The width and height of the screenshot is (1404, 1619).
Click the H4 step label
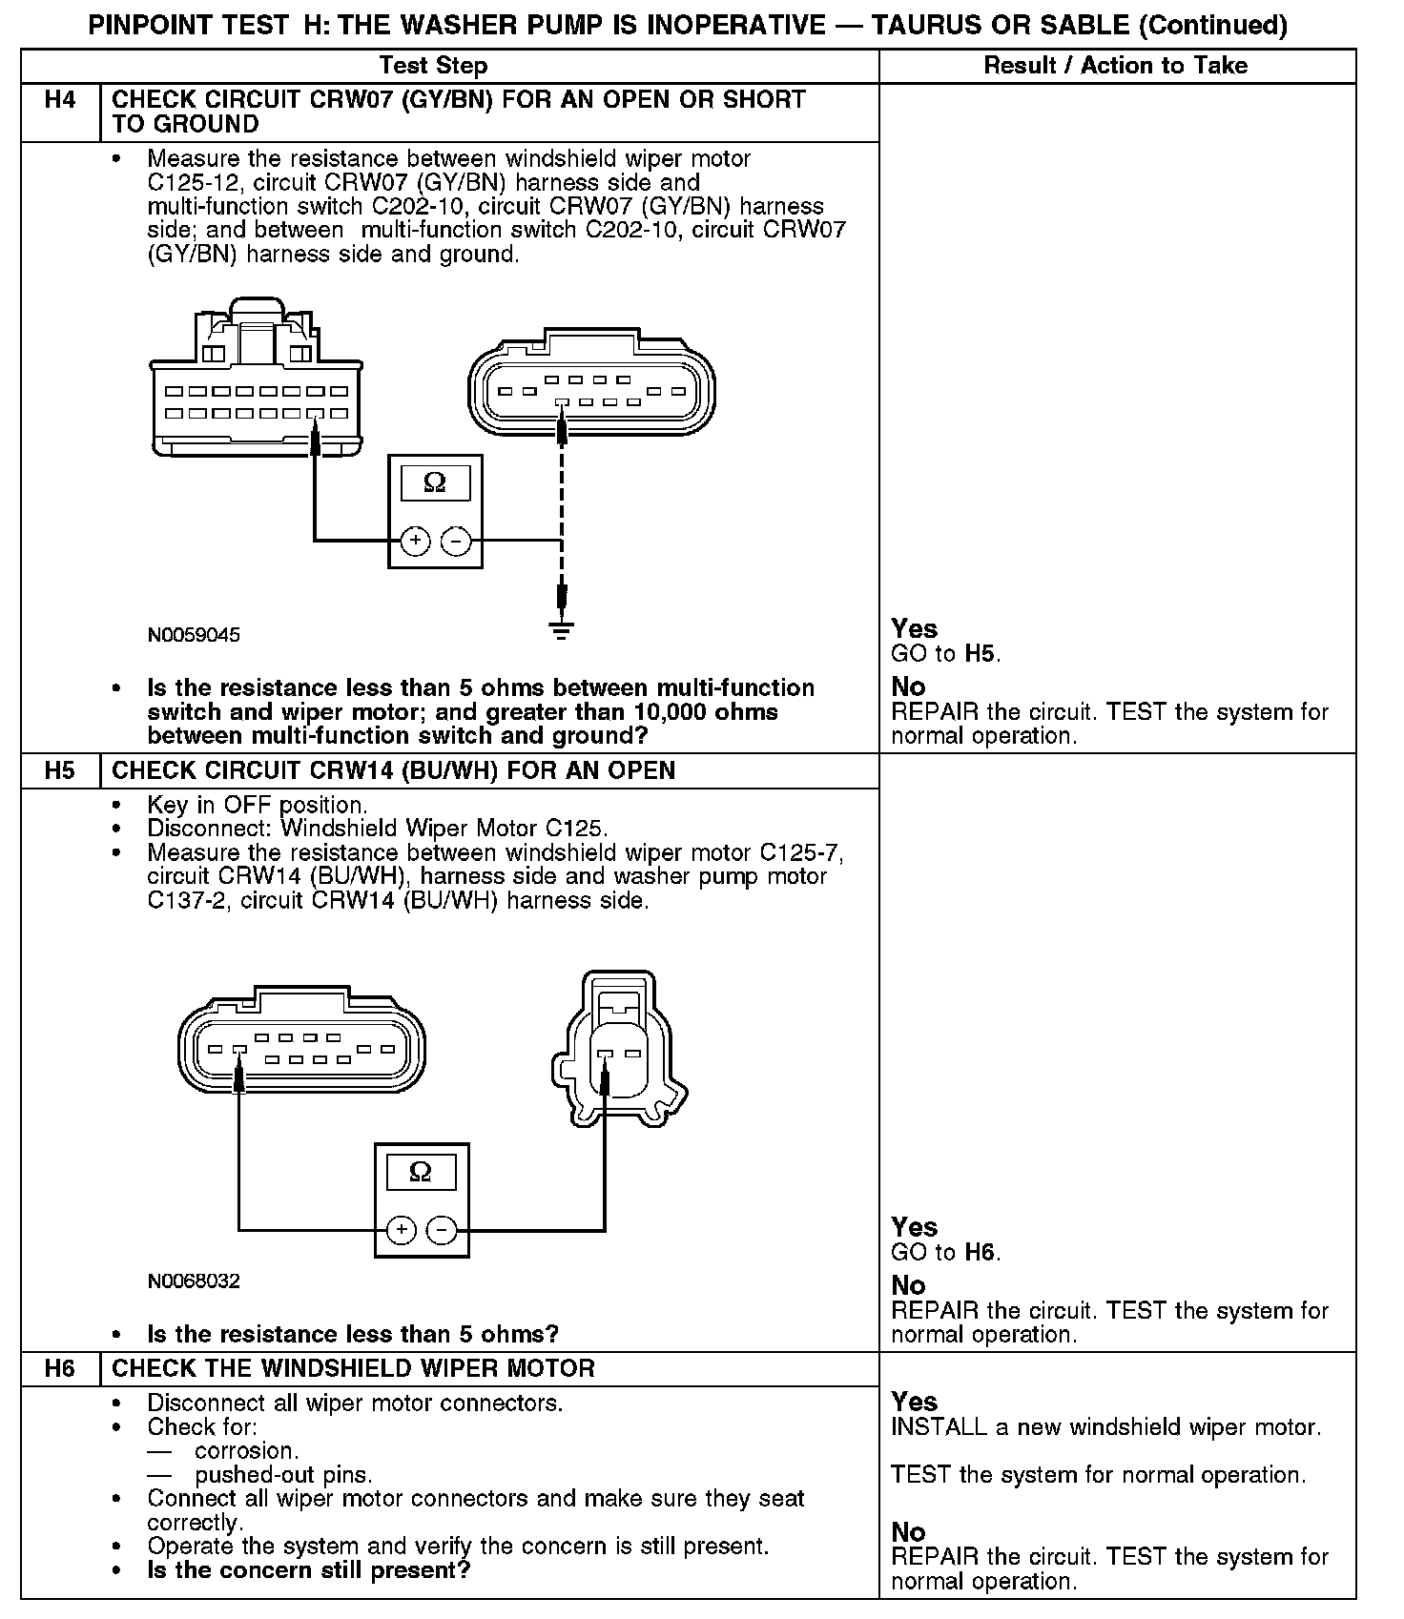59,100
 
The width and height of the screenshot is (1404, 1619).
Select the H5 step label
59,770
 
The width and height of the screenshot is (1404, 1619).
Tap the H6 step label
59,1368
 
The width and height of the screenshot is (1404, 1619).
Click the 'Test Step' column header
433,66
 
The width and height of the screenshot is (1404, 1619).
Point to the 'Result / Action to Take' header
1115,66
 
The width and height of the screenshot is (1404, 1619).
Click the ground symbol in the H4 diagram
561,628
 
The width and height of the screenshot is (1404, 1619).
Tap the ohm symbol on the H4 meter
434,483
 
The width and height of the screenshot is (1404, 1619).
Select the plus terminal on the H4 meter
414,541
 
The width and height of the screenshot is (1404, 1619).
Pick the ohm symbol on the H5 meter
420,1172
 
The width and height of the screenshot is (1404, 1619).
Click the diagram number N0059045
194,635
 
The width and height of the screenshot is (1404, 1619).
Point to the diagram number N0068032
194,1281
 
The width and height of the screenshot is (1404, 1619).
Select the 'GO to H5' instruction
945,654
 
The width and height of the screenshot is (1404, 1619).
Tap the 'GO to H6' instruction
945,1252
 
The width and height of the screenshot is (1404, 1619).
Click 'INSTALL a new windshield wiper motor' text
1105,1427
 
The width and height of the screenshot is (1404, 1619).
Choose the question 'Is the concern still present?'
308,1569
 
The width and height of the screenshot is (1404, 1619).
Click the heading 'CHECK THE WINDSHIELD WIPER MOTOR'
353,1368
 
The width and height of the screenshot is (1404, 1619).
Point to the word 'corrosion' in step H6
246,1451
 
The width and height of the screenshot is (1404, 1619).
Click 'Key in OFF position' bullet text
257,805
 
